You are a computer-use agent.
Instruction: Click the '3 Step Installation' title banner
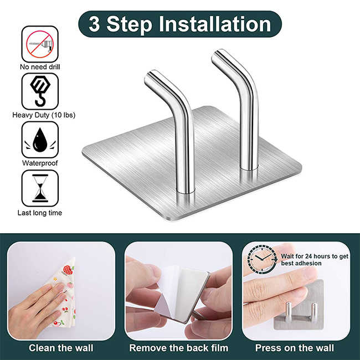180,24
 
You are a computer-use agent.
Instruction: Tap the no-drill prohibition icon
40,44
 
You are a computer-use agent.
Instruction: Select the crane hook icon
40,91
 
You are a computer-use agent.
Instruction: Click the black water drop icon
40,140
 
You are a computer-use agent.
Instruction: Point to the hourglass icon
40,188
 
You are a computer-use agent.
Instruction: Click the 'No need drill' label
40,67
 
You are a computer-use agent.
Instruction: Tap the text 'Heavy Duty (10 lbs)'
44,115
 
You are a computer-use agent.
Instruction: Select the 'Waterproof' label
40,163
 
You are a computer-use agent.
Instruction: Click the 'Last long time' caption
40,213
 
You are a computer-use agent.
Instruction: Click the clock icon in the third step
262,259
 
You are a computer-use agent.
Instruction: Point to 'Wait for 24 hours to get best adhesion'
315,260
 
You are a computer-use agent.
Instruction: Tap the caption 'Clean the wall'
61,348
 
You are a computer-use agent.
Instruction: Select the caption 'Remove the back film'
179,348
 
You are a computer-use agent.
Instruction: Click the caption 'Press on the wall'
295,348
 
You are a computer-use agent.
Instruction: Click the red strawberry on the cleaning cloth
68,270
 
